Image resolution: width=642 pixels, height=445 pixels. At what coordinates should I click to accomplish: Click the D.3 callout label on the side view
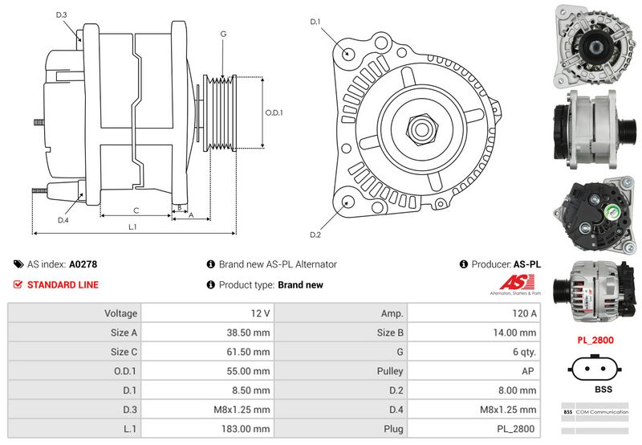(61, 15)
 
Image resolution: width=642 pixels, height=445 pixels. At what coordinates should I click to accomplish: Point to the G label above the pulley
(222, 34)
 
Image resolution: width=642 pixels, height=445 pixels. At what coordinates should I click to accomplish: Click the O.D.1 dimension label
(274, 112)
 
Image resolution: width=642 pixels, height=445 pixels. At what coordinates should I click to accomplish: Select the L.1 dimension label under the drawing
(133, 227)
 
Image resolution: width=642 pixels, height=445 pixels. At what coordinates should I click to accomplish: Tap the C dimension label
(136, 210)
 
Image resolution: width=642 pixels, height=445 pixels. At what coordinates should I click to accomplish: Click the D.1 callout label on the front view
(315, 22)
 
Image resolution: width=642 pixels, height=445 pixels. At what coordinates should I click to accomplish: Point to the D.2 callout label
(315, 235)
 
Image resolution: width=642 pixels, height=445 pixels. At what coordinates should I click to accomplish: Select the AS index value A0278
(83, 263)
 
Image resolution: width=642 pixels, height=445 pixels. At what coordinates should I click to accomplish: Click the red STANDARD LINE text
(63, 284)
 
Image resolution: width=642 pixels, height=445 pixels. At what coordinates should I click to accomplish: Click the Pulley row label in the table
(389, 371)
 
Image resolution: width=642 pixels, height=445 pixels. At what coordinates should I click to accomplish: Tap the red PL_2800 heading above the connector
(595, 340)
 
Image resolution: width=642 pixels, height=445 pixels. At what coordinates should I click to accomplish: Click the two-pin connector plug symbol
(595, 368)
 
